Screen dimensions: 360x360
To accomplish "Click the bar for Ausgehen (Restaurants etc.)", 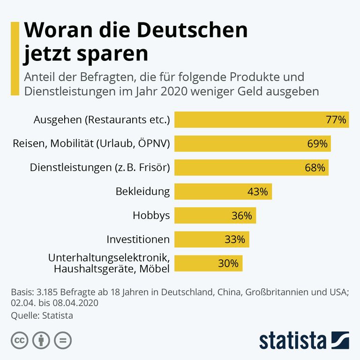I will [x=262, y=120].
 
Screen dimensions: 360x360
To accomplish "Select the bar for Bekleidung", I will [x=223, y=192].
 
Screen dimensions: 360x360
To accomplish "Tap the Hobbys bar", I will [x=215, y=216].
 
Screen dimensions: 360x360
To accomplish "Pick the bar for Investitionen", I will [x=212, y=240].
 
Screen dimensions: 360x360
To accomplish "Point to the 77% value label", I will [x=336, y=120].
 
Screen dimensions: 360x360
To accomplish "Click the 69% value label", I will [x=317, y=144].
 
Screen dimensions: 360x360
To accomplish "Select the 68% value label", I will [x=315, y=168].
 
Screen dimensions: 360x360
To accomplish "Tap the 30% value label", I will [x=228, y=263].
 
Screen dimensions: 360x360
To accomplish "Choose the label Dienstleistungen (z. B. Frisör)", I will [x=100, y=168].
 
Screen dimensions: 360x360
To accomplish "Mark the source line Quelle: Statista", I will [x=42, y=315].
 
